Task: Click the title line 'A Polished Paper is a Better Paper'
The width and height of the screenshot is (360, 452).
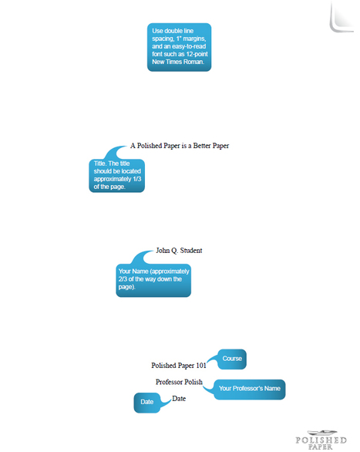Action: tap(180, 146)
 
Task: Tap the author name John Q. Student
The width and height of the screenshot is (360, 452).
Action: tap(179, 251)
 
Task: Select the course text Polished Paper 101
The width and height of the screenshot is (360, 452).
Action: tap(179, 366)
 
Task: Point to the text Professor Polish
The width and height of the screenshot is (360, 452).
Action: tap(179, 382)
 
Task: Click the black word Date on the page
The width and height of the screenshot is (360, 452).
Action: tap(179, 399)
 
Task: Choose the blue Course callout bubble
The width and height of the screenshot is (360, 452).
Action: tap(232, 359)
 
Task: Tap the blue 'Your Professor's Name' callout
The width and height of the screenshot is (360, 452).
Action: tap(250, 390)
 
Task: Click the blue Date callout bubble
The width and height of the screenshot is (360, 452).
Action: tap(147, 403)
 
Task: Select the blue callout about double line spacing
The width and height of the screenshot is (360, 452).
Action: tap(179, 47)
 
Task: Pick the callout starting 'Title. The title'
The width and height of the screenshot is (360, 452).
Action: tap(116, 176)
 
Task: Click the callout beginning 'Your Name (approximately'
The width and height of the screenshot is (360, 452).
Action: tap(153, 280)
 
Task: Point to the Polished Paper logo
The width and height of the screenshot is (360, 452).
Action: tap(321, 440)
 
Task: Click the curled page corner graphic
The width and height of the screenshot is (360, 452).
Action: tap(341, 17)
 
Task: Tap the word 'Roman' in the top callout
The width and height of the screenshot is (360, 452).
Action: tap(195, 62)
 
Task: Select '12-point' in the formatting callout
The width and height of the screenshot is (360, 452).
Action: tap(197, 54)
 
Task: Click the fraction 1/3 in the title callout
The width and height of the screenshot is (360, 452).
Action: tap(137, 179)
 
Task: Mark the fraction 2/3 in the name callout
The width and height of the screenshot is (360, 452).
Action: tap(123, 279)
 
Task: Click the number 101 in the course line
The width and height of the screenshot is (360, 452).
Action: tap(201, 366)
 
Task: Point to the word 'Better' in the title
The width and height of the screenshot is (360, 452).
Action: tap(202, 146)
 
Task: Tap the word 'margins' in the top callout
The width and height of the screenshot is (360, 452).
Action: tap(195, 39)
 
